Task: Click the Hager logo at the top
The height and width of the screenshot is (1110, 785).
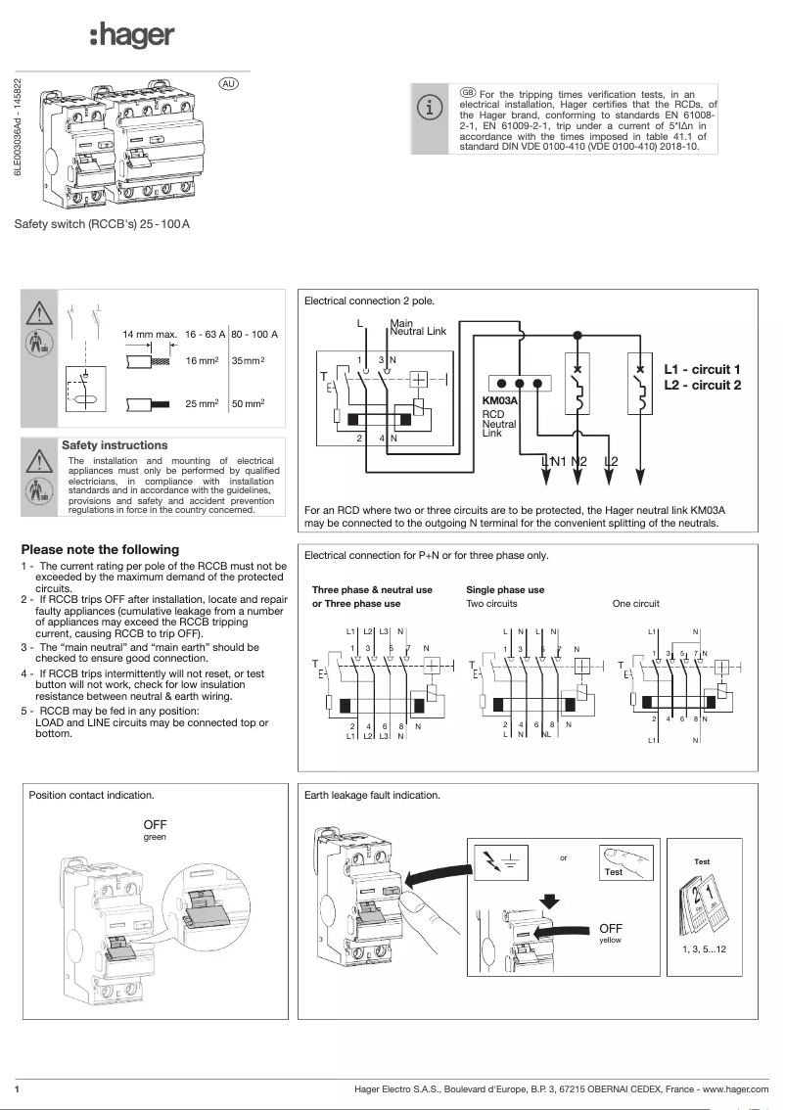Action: [131, 37]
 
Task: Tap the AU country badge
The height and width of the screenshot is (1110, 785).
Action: [228, 83]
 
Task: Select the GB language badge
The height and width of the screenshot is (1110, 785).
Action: [467, 92]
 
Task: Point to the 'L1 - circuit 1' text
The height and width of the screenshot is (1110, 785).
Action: [702, 369]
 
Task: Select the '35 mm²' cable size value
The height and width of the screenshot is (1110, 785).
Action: [248, 361]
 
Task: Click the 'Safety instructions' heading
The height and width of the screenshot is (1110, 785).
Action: [115, 445]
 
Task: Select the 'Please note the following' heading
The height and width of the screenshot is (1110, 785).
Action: [100, 549]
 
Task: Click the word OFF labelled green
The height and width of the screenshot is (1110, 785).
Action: [156, 826]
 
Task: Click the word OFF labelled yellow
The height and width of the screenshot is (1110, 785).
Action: [611, 928]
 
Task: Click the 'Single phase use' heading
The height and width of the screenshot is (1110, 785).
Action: [505, 590]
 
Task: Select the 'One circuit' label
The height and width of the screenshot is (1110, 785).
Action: [635, 604]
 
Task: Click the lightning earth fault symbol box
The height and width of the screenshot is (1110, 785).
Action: [510, 862]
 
